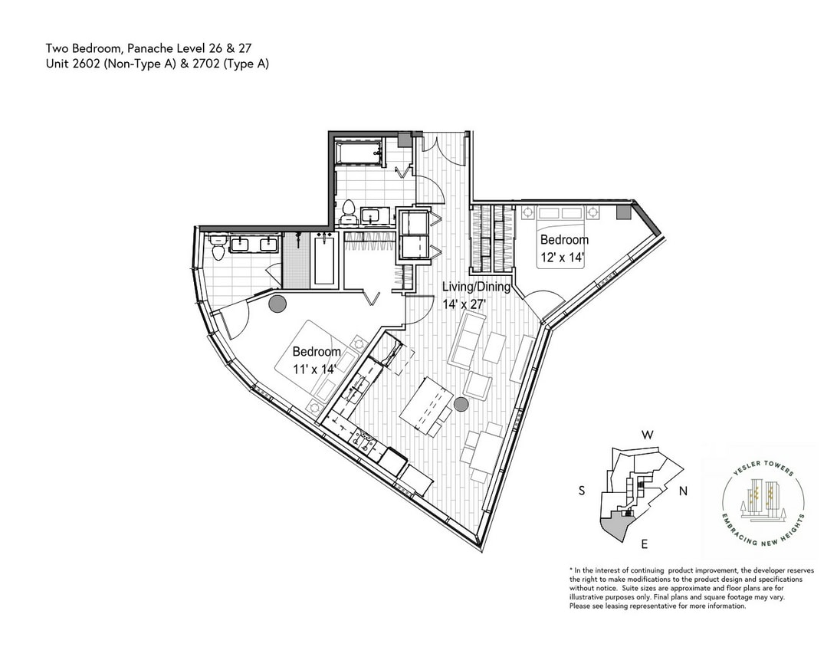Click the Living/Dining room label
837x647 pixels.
point(476,287)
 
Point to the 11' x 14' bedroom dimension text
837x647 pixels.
point(314,369)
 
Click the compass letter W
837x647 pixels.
point(648,435)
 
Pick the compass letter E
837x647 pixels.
point(645,544)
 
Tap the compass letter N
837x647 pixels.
point(683,491)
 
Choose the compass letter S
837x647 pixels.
point(582,491)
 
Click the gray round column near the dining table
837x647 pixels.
point(461,404)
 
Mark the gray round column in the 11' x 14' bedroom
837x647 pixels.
point(277,304)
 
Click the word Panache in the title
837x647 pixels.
point(149,48)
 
